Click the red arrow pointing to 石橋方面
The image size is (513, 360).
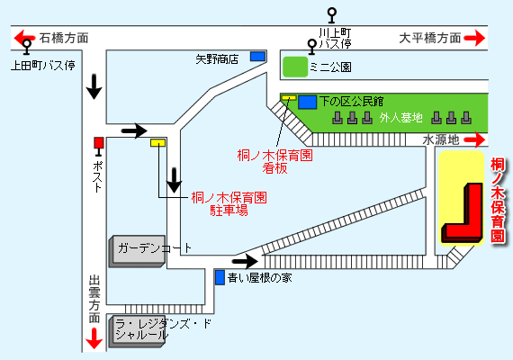[x=24, y=37]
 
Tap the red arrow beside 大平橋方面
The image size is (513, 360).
[x=474, y=38]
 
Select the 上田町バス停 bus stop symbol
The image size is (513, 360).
[x=27, y=47]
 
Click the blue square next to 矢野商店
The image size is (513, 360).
[x=257, y=57]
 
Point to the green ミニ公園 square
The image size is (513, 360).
[x=295, y=67]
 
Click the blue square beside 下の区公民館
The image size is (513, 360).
[x=308, y=102]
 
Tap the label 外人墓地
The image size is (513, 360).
[x=401, y=118]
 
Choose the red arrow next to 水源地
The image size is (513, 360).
[x=474, y=139]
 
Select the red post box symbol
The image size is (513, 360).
[x=99, y=146]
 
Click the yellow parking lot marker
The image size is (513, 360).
[x=158, y=143]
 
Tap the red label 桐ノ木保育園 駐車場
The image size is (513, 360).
[x=229, y=204]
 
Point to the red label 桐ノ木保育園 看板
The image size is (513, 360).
[x=274, y=162]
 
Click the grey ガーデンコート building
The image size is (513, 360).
[x=137, y=251]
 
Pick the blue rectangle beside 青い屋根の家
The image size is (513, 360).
[x=220, y=277]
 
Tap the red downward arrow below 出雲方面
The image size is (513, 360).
[x=94, y=338]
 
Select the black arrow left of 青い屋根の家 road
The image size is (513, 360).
[x=245, y=261]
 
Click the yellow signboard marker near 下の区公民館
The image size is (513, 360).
[x=289, y=97]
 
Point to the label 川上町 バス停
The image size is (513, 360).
[x=335, y=39]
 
